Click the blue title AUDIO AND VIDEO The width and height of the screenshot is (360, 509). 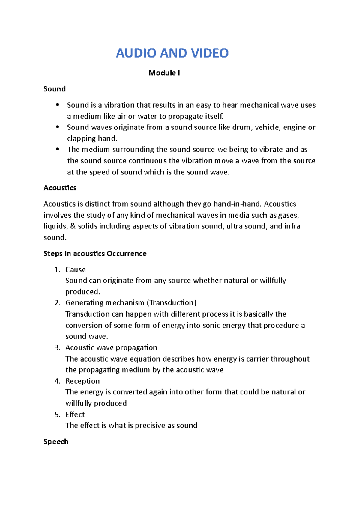(172, 53)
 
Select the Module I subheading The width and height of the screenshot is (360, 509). (164, 73)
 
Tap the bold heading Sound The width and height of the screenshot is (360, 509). (54, 89)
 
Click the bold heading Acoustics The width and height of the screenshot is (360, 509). (60, 188)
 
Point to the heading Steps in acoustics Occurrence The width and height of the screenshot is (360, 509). (95, 254)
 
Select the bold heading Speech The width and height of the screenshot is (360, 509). (56, 442)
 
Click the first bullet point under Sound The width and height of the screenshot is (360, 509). (58, 105)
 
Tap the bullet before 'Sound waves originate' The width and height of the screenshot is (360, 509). (58, 127)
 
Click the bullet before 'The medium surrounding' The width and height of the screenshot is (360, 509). (58, 149)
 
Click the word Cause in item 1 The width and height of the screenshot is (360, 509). (75, 270)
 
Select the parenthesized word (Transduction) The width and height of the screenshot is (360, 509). (172, 303)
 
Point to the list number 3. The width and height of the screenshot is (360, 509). (57, 348)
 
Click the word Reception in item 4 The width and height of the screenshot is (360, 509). (82, 381)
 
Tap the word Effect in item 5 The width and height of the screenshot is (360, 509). (75, 415)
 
